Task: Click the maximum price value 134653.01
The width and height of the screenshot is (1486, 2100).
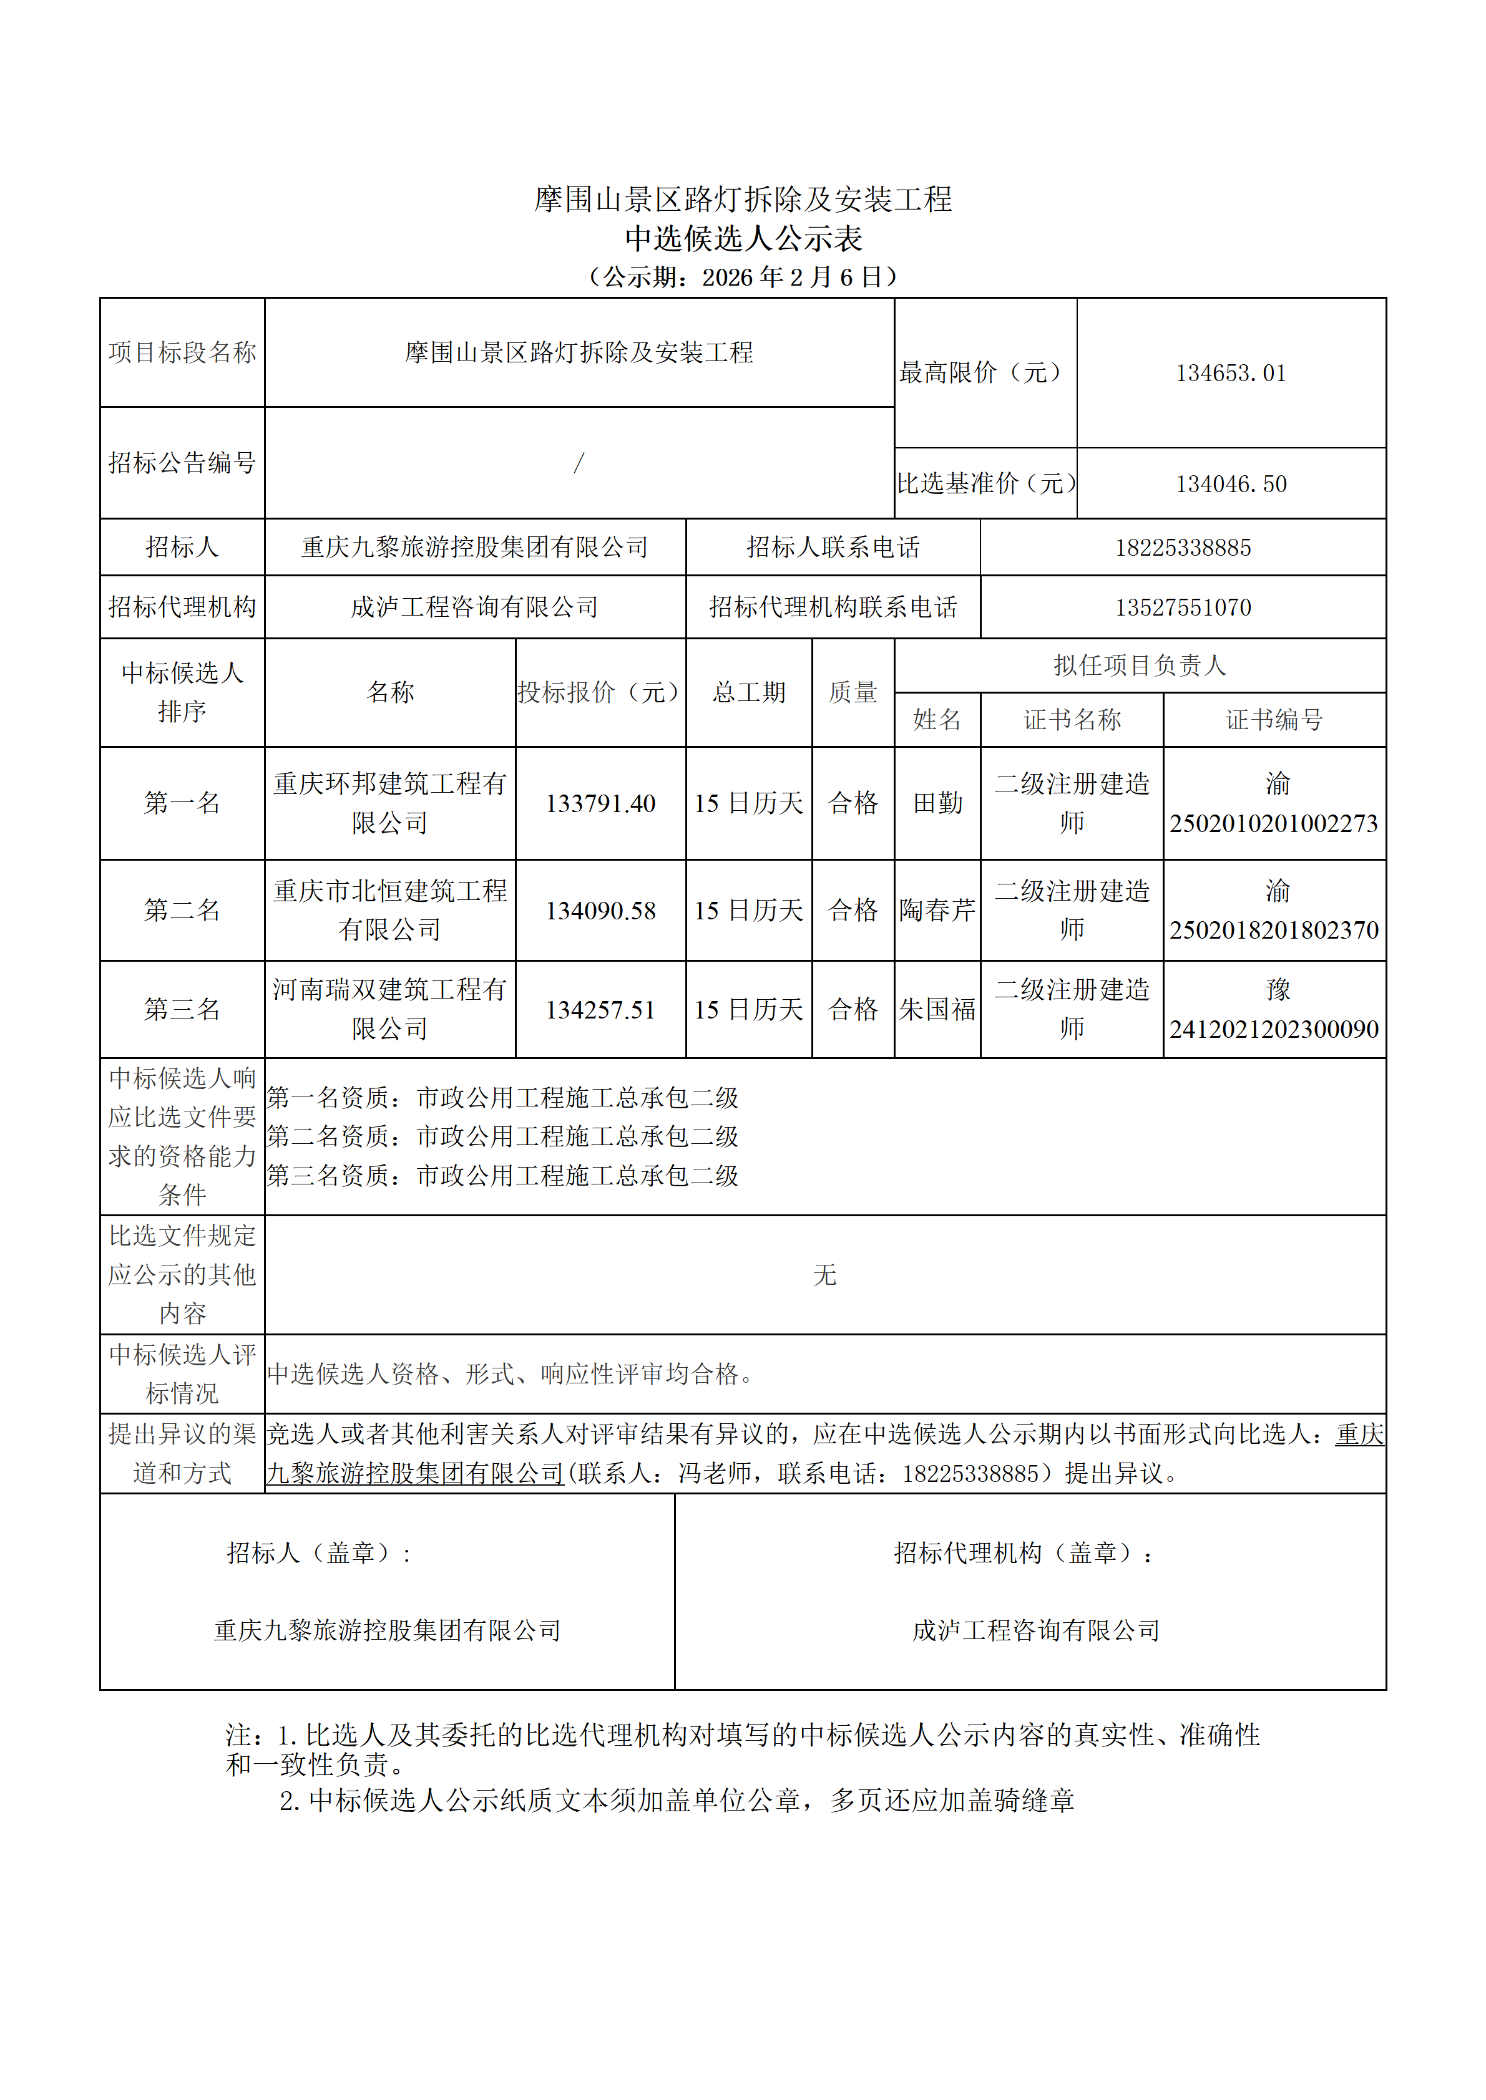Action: (1231, 373)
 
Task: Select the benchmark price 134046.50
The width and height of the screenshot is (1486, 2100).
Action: (1231, 484)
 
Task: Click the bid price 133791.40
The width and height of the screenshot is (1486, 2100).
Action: (600, 804)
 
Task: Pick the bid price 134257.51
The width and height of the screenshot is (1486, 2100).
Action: (600, 1010)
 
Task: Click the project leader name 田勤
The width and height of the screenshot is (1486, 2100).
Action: (938, 803)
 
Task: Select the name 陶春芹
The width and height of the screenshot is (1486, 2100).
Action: (938, 910)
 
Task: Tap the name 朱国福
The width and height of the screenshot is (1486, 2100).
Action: (938, 1010)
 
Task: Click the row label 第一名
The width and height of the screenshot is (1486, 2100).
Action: (182, 803)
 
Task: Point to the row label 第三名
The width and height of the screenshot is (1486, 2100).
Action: (182, 1010)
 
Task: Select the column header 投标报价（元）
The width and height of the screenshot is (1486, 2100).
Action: (600, 692)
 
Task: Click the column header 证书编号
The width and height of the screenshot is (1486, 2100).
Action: (1274, 720)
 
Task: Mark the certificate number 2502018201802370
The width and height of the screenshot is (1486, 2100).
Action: (1274, 930)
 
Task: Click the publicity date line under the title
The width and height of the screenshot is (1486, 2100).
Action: (742, 277)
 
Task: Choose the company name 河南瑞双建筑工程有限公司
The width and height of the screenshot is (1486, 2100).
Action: (390, 1009)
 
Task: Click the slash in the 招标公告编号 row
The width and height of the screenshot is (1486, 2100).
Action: (579, 463)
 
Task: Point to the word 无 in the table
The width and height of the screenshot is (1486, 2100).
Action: (824, 1275)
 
